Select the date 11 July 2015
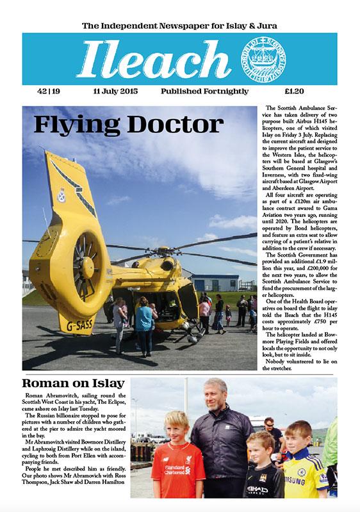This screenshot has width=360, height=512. click(115, 92)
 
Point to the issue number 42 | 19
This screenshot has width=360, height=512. click(47, 92)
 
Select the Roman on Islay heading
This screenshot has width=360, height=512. click(72, 384)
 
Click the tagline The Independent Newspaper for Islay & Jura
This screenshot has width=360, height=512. click(180, 26)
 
